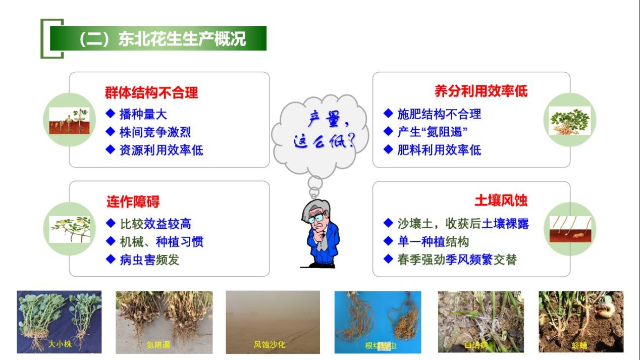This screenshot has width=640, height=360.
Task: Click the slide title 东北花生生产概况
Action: pyautogui.click(x=162, y=39)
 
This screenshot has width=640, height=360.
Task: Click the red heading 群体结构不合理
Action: pyautogui.click(x=151, y=92)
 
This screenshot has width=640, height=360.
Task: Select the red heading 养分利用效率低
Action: pyautogui.click(x=481, y=91)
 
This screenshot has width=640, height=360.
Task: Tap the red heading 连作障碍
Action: pyautogui.click(x=133, y=202)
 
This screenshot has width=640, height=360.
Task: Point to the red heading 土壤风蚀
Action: pyautogui.click(x=501, y=200)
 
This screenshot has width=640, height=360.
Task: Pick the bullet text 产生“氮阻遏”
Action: pyautogui.click(x=432, y=132)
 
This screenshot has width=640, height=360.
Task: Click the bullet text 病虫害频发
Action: pyautogui.click(x=149, y=260)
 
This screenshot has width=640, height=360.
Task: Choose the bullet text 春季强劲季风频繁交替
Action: pyautogui.click(x=457, y=260)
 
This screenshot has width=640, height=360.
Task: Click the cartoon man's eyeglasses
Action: pyautogui.click(x=317, y=219)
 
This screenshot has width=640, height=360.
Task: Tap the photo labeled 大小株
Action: pyautogui.click(x=59, y=321)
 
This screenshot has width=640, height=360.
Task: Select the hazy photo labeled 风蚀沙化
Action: pyautogui.click(x=273, y=321)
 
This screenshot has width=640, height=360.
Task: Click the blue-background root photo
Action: pyautogui.click(x=378, y=321)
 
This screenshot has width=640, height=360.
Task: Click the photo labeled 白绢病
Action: pyautogui.click(x=481, y=321)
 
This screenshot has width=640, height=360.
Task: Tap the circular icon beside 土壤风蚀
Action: pyautogui.click(x=570, y=229)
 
